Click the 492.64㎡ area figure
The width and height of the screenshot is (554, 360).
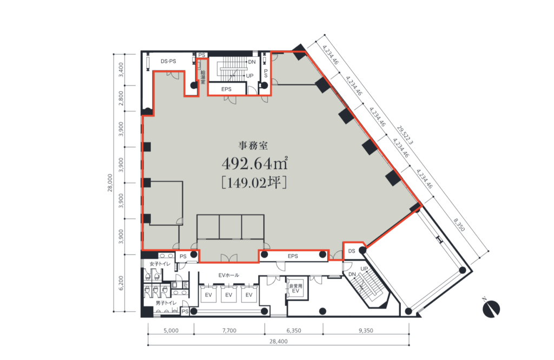coord(254,163)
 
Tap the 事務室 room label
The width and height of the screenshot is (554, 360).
coord(253,145)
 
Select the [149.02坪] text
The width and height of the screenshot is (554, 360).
coord(254,182)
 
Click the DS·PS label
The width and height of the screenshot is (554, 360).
coord(168,61)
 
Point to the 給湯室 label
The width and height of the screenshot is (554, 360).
coord(203,77)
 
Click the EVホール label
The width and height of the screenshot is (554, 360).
coord(229,275)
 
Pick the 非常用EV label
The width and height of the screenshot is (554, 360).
coord(296,288)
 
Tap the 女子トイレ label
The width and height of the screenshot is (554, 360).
coord(160,264)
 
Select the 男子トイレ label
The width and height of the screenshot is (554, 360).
coord(166,303)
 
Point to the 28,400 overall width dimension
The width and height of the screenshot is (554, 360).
coord(279,341)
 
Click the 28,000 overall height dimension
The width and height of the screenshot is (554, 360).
coord(110,183)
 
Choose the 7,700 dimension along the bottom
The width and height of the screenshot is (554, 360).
coord(229,330)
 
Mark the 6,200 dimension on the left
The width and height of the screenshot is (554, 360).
coord(121,283)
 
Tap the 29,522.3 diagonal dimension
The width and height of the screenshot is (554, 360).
coord(405,135)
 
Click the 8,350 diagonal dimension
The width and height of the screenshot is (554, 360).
coord(459,225)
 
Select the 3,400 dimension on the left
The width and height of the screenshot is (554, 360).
coord(121,70)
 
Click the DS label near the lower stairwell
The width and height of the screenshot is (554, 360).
coord(352,251)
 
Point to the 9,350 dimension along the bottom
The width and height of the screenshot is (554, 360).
coord(366,330)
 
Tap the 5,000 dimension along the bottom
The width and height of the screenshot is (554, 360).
coord(171,330)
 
